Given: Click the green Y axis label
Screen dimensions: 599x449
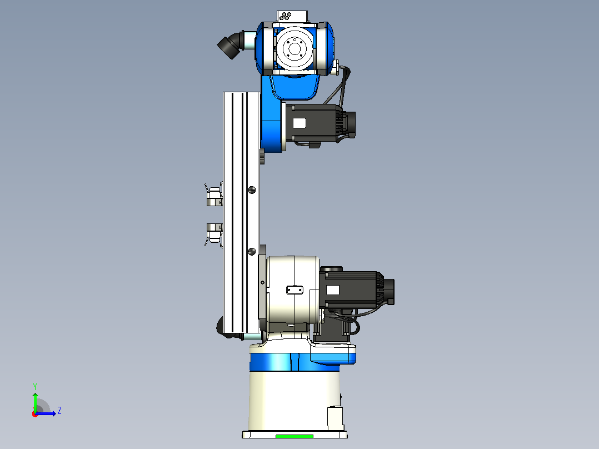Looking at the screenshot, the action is [35, 386].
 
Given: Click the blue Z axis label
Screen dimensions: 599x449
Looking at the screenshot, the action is [59, 411].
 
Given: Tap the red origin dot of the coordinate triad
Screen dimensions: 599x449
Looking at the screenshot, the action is [35, 414].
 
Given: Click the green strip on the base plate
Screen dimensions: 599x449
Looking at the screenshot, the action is [294, 436].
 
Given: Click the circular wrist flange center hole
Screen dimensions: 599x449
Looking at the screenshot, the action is [294, 48].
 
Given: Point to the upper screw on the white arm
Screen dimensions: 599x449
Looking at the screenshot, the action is [252, 189].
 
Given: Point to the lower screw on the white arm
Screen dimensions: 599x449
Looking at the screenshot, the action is [252, 251].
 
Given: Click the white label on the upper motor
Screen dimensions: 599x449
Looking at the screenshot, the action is [299, 123].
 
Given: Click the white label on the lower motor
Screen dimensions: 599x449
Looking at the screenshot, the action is [333, 290].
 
